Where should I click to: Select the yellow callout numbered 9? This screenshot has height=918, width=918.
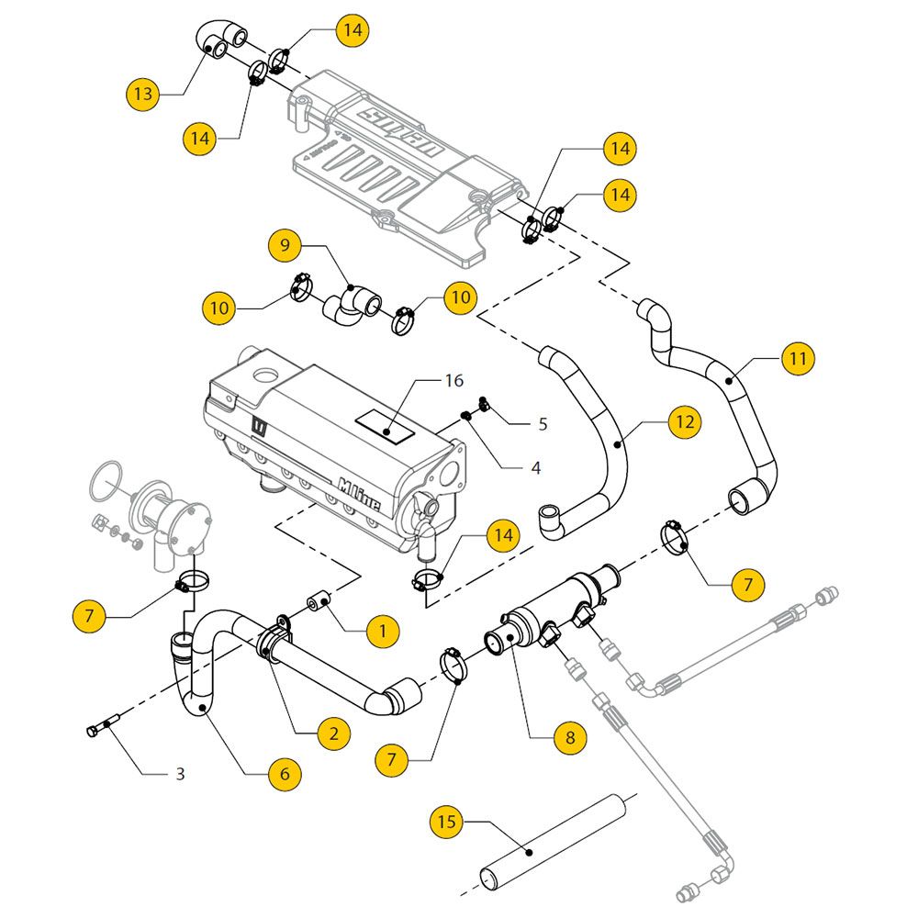pos(285,245)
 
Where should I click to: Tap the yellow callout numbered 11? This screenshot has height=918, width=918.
pos(798,358)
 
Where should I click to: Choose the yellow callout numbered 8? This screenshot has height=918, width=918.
pos(569,736)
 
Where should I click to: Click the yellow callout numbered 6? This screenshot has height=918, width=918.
pos(285,774)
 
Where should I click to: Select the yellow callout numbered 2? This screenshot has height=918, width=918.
pos(333,733)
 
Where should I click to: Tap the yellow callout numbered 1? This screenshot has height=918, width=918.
pos(383,631)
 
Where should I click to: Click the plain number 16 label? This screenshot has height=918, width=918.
pos(453,380)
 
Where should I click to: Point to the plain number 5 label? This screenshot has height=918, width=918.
pos(543,424)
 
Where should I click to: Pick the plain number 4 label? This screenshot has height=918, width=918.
pos(536,468)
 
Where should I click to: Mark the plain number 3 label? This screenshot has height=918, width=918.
pos(180,774)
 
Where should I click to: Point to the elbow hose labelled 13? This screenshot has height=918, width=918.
pos(218,40)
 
